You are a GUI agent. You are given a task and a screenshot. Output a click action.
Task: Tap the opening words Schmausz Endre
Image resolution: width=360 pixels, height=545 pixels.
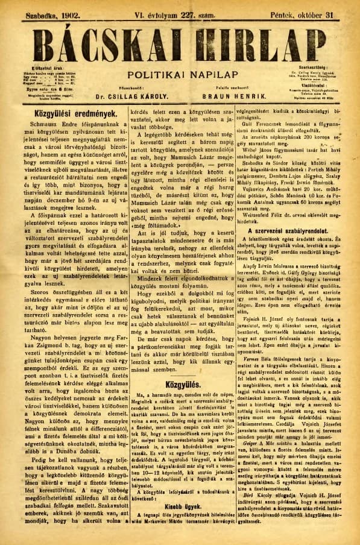click(62, 128)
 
